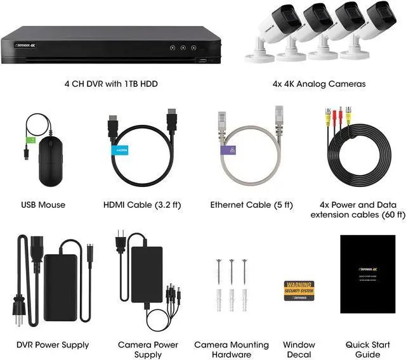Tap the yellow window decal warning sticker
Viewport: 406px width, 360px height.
point(299,290)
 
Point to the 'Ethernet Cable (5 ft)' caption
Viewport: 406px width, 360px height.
point(252,205)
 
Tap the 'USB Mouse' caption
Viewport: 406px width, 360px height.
point(43,205)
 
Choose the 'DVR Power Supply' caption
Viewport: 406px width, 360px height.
point(52,345)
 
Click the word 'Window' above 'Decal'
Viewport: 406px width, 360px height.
point(299,345)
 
